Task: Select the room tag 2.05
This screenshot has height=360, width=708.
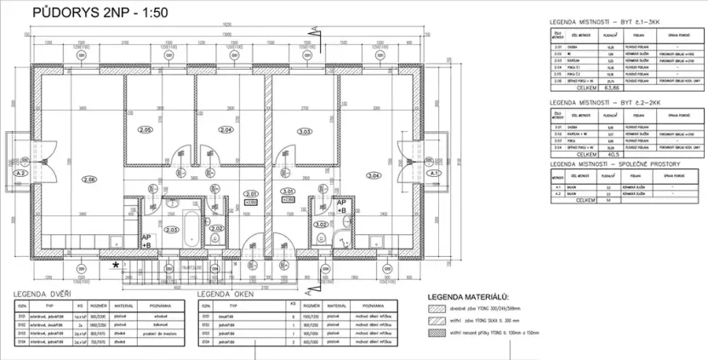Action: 146,129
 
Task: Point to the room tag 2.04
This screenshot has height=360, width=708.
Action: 226,130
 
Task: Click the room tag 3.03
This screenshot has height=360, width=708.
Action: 304,130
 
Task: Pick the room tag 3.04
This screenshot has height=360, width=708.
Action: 373,175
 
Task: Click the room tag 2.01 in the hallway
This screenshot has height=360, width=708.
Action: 250,193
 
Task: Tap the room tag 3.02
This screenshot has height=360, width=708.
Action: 321,225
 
